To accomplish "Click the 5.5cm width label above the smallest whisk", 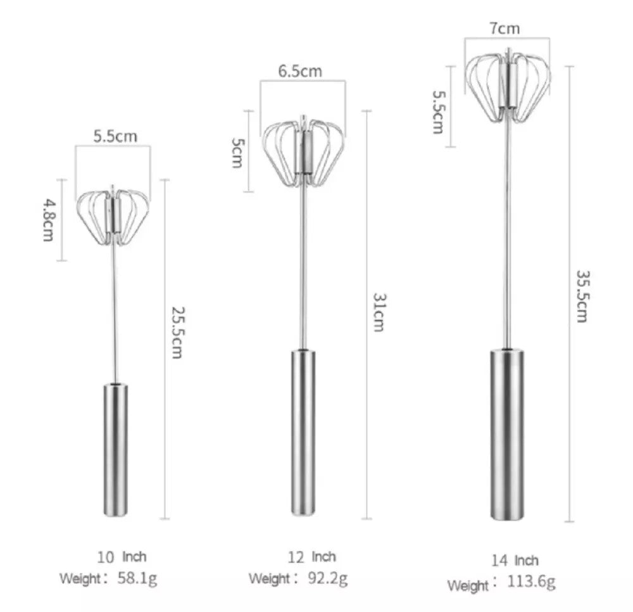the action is click(x=115, y=137).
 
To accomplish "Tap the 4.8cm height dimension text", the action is click(x=48, y=220).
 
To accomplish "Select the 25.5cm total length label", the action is click(x=178, y=333).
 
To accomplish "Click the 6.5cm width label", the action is click(x=300, y=71).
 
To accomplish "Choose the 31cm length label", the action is click(x=379, y=312).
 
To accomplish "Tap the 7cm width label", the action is click(x=505, y=29).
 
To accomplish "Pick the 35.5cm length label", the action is click(x=582, y=296).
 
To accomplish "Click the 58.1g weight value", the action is click(x=137, y=578).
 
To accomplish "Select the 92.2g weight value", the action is click(x=327, y=578).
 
